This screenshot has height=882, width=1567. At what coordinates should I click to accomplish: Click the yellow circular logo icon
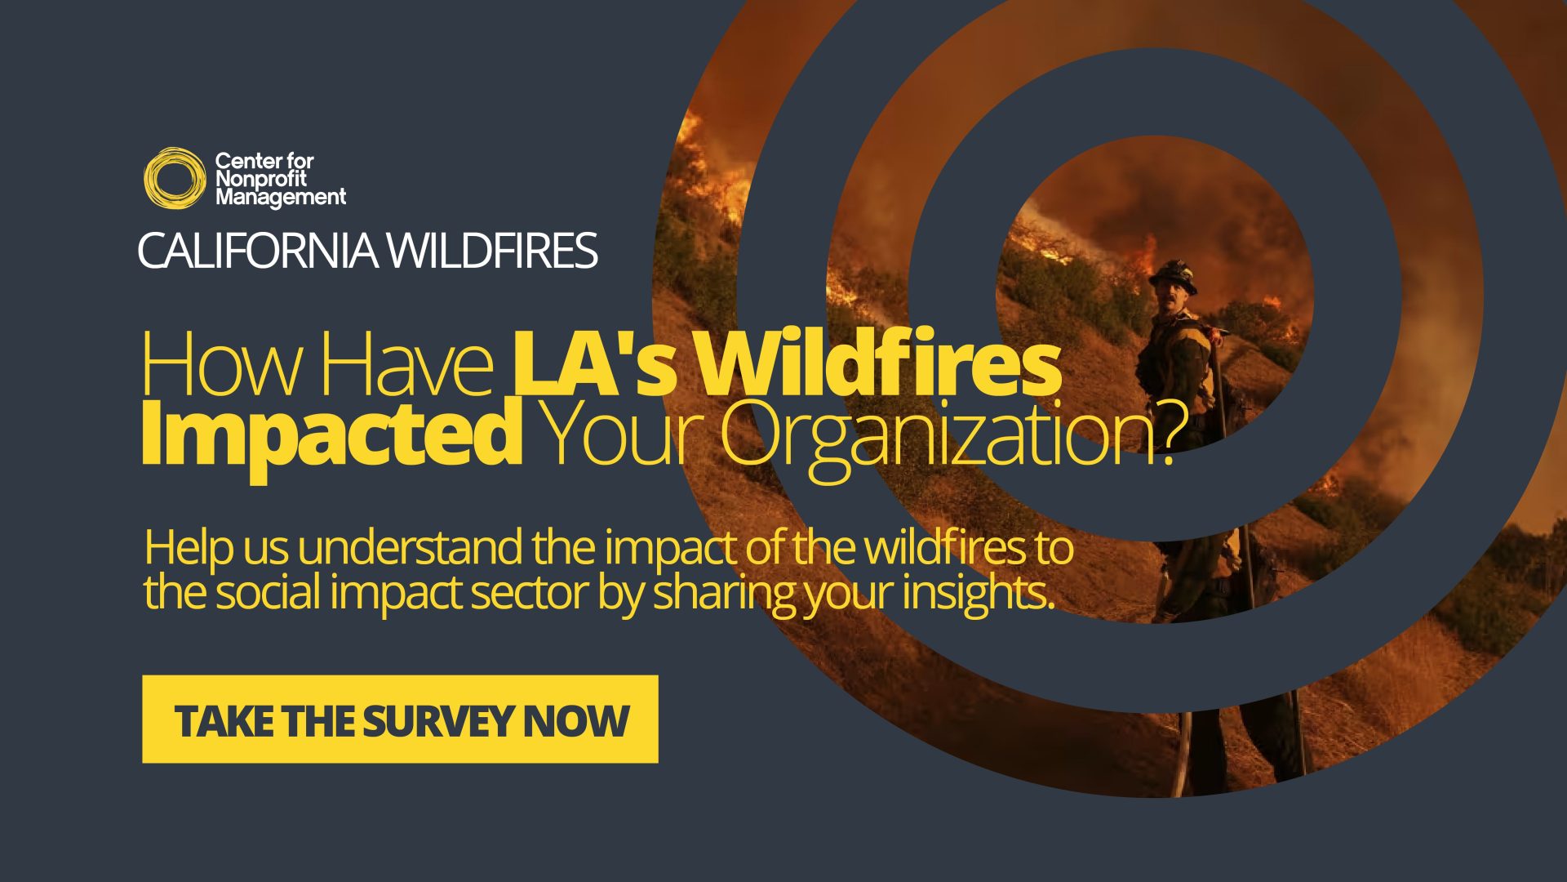174,177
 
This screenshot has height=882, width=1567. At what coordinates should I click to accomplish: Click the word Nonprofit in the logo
260,179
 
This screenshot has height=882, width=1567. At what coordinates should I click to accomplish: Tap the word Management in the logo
280,197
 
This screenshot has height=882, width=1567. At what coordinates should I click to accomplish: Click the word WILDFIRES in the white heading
492,250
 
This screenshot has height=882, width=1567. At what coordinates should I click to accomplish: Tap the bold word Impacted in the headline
331,433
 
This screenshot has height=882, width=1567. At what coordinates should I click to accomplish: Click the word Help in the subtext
189,548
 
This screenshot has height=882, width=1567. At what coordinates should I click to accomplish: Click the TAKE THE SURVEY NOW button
400,719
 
